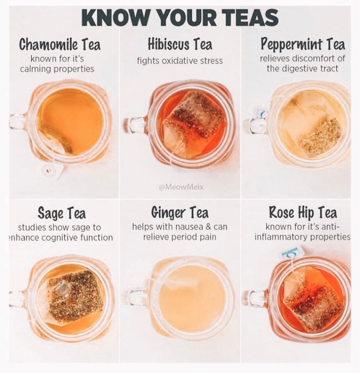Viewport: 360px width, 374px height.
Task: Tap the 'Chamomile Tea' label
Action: pyautogui.click(x=60, y=45)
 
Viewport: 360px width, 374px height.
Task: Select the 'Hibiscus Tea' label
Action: pyautogui.click(x=180, y=44)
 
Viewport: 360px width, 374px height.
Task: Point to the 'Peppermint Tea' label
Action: pyautogui.click(x=303, y=44)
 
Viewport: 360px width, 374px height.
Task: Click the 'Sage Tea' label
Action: pyautogui.click(x=61, y=213)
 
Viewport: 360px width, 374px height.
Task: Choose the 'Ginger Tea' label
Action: pyautogui.click(x=180, y=212)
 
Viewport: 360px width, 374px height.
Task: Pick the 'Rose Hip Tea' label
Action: pyautogui.click(x=303, y=212)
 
